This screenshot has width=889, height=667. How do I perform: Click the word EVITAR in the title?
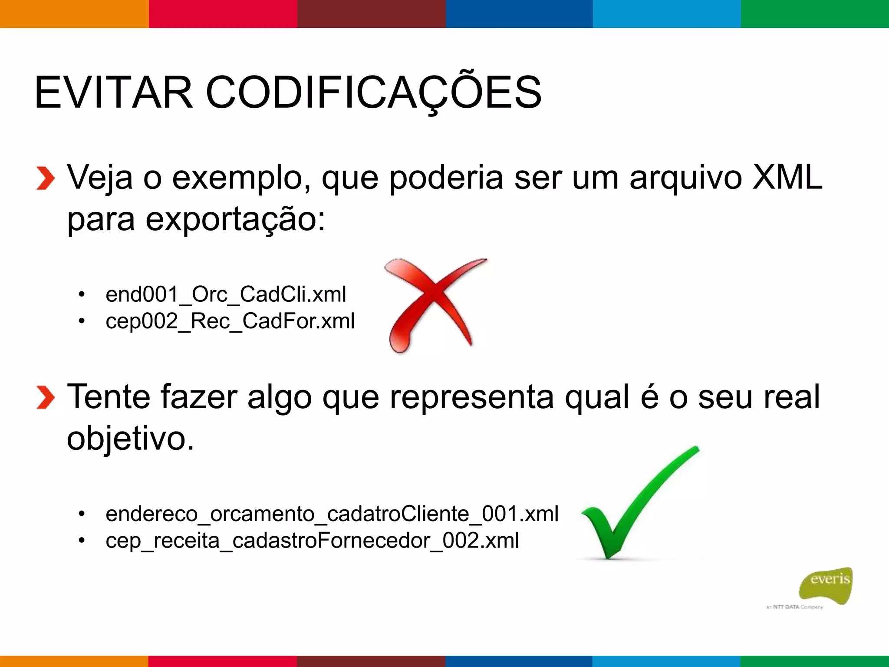coord(113,92)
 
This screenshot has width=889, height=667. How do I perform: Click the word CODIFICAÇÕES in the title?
coord(373,92)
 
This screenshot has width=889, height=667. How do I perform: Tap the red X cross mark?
coord(434,304)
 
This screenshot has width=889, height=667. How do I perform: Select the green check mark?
coord(638,504)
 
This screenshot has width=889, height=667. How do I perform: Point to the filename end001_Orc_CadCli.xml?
coord(226,294)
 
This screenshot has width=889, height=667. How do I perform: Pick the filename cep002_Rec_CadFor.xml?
coord(230,321)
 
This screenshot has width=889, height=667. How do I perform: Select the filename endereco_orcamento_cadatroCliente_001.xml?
coord(332,514)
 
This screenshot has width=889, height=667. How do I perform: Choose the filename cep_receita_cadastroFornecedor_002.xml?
coord(313,541)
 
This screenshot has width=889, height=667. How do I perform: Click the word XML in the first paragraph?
coord(787,177)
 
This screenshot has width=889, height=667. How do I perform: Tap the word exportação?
coord(234,219)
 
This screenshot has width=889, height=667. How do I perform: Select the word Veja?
coord(99,177)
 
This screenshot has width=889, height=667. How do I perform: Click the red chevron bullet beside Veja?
coord(45,178)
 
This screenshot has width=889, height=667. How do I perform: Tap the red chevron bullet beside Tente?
coord(45,397)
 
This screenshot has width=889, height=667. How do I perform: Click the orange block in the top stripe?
coord(74,14)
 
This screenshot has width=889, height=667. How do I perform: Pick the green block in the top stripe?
coord(815,14)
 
